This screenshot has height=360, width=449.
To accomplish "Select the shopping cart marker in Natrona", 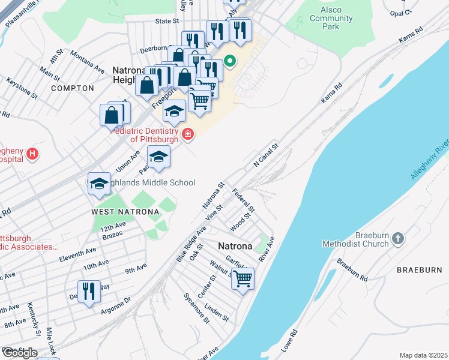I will point(243,279).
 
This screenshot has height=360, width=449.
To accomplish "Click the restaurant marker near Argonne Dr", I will point(89,292).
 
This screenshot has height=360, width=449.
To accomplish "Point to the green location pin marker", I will point(229,61).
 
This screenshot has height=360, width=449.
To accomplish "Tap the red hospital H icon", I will point(32,154).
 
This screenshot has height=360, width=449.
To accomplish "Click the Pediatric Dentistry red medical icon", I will point(188,134).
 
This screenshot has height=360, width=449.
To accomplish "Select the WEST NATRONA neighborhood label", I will point(125,212).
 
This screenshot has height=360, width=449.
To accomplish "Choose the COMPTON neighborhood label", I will point(73,88).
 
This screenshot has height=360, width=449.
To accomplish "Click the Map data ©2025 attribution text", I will point(423,355).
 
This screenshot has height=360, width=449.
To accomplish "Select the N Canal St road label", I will point(267,154).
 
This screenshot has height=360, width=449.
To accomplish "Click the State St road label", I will point(167,20).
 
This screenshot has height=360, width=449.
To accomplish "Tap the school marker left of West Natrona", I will point(99,184).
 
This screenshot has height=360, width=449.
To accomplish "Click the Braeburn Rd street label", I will point(352,270).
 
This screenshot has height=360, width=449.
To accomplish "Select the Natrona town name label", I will point(235,246).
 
